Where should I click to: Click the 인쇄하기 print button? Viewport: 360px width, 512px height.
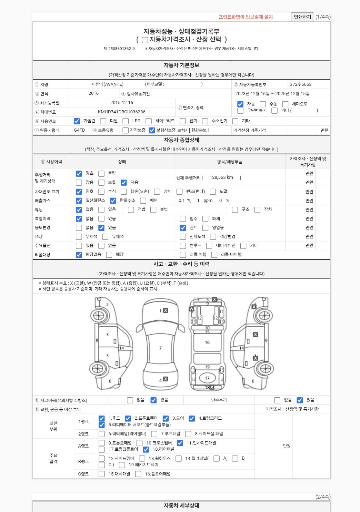(x=302, y=17)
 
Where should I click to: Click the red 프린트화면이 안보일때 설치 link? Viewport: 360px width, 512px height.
(x=246, y=17)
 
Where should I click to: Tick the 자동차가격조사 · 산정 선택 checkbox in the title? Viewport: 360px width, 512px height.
(x=145, y=40)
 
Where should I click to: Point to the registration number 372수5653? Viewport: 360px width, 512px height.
(x=301, y=84)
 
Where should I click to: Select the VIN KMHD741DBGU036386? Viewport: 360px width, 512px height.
(x=121, y=112)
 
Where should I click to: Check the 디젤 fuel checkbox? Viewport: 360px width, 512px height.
(x=103, y=121)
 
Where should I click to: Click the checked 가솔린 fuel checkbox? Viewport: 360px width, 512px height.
(x=77, y=121)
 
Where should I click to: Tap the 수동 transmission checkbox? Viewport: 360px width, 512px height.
(x=263, y=104)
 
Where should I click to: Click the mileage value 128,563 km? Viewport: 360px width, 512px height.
(x=221, y=177)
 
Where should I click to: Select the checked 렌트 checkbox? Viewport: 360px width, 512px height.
(x=183, y=228)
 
